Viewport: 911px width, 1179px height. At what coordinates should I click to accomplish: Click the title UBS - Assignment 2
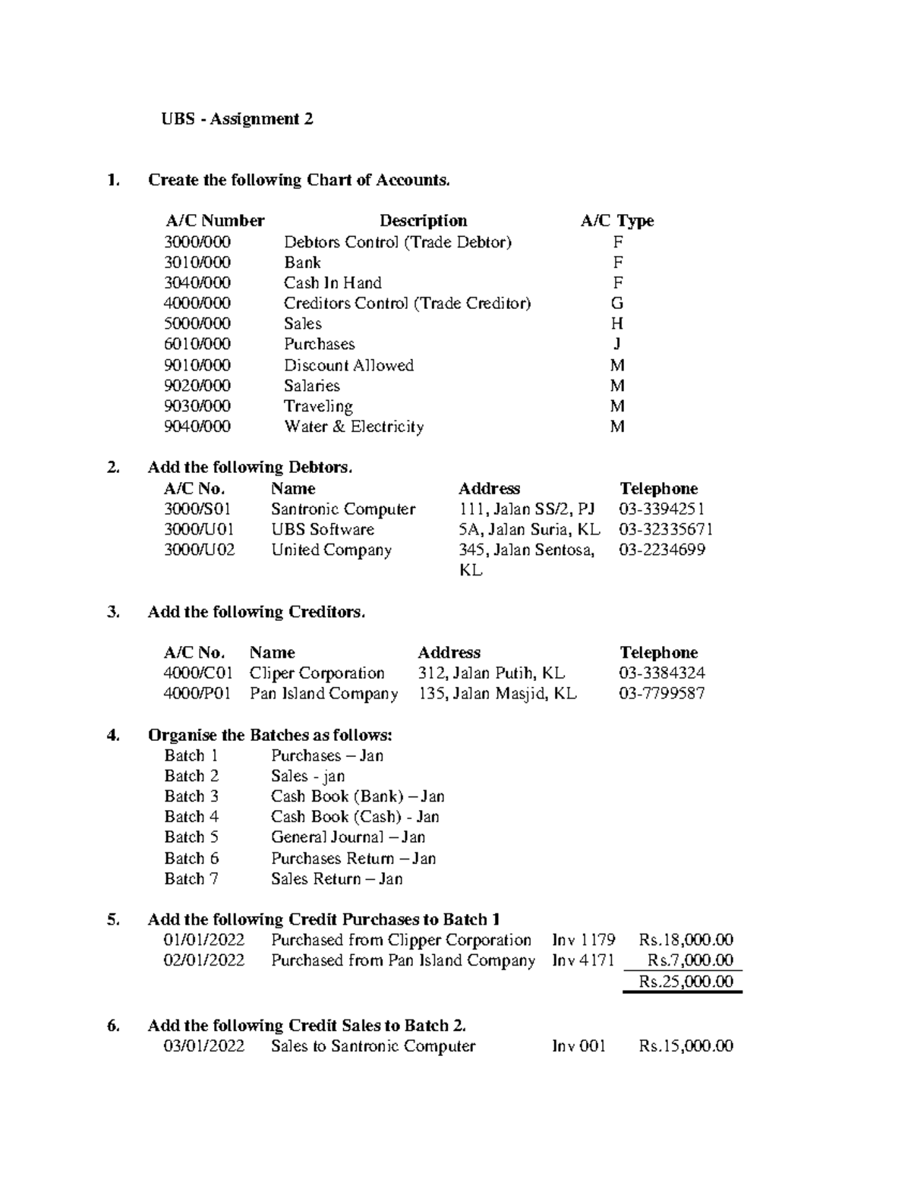click(237, 119)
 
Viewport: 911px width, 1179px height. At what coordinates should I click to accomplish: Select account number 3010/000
click(197, 263)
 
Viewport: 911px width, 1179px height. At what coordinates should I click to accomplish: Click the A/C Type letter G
click(617, 304)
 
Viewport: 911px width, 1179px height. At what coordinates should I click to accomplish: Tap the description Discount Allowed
click(348, 365)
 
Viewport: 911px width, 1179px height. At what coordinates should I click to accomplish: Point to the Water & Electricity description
click(354, 427)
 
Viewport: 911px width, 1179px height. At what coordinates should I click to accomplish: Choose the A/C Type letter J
click(617, 345)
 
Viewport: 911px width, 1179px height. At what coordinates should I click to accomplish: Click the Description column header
click(423, 221)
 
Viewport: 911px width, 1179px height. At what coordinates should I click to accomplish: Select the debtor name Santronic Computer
click(343, 509)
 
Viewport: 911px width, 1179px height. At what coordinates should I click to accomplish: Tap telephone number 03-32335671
click(666, 530)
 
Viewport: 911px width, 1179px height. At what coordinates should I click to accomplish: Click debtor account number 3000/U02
click(199, 550)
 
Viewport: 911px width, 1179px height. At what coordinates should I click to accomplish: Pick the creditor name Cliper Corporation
click(317, 673)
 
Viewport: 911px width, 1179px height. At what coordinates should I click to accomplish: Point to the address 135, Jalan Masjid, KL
click(497, 694)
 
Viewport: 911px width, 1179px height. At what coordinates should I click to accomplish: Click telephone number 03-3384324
click(662, 673)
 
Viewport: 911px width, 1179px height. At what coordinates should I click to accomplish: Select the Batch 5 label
click(191, 837)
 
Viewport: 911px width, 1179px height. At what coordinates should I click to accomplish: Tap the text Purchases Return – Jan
click(353, 859)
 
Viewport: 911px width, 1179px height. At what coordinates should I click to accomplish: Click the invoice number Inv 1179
click(583, 941)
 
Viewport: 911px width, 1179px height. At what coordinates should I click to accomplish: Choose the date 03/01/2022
click(204, 1046)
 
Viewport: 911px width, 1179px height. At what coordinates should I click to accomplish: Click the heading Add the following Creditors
click(257, 613)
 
